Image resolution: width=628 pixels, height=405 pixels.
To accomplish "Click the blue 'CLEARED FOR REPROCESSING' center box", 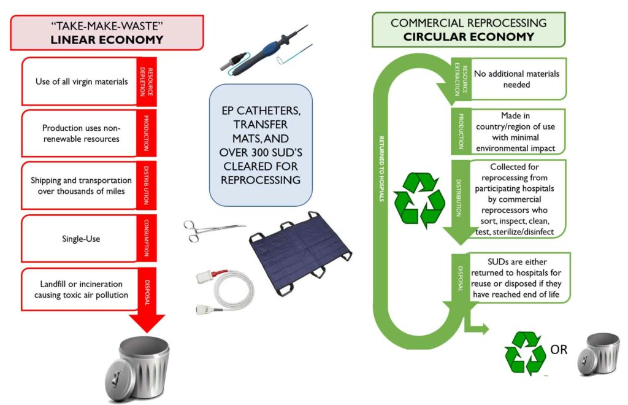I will (261, 145).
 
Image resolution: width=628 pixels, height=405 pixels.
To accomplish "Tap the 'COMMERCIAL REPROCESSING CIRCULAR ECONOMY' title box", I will (469, 30).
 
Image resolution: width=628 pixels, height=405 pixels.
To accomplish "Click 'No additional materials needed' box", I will (517, 79).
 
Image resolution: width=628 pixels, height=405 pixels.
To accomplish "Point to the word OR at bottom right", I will (558, 350).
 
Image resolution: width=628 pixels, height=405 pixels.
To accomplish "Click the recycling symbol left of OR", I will (525, 352).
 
